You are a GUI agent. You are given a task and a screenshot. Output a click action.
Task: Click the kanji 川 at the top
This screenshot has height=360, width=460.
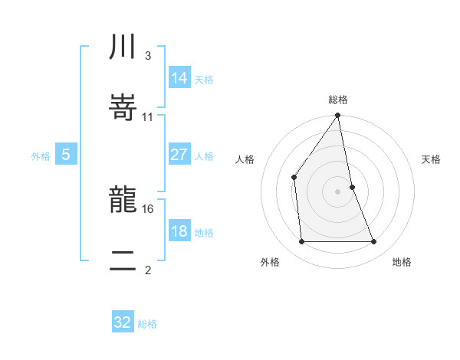tap(123, 47)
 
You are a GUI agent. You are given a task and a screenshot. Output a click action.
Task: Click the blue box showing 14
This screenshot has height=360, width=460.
tap(179, 77)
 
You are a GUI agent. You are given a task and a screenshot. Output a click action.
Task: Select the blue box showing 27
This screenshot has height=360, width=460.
tap(179, 155)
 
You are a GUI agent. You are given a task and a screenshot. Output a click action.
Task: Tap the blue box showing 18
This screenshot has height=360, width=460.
tap(179, 231)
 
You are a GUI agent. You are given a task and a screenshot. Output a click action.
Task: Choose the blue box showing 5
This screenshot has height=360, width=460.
tap(66, 155)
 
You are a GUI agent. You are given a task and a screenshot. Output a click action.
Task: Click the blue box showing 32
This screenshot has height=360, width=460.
tap(123, 322)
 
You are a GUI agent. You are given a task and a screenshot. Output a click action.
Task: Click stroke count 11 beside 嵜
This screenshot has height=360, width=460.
tap(148, 117)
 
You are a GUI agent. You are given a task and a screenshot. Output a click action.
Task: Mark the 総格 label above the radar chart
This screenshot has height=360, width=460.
tap(338, 100)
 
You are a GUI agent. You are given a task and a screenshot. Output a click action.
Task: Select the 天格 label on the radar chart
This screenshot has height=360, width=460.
tap(431, 159)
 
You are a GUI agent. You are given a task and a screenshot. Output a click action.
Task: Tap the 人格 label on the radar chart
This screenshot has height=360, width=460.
tap(245, 159)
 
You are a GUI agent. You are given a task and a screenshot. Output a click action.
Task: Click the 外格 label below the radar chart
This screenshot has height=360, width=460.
tap(269, 262)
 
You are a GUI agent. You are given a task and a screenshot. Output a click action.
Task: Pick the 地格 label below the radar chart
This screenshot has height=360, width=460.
tap(402, 262)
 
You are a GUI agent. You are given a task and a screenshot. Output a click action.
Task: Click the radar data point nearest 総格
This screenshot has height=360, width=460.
tap(337, 116)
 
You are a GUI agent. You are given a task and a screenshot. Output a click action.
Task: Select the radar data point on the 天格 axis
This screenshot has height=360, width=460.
tap(352, 186)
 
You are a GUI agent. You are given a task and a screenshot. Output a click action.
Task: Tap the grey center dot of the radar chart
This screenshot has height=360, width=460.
tap(337, 191)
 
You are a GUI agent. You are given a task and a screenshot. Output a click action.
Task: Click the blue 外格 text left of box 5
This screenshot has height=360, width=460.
tap(41, 155)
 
